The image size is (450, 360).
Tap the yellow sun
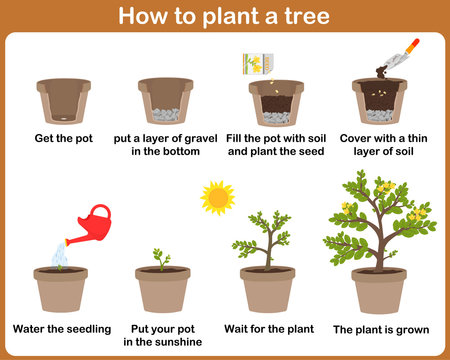click(216, 197)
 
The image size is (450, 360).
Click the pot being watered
click(62, 290)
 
